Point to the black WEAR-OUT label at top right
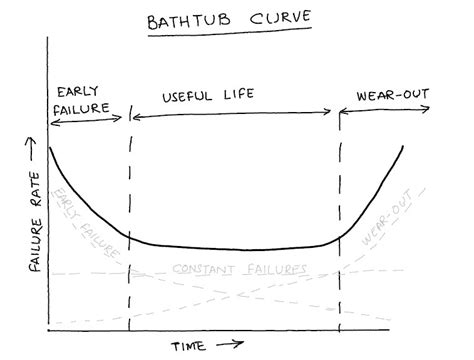tap(393, 96)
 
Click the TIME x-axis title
tap(187, 346)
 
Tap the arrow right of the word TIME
tap(231, 345)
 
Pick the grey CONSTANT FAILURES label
tap(239, 270)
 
